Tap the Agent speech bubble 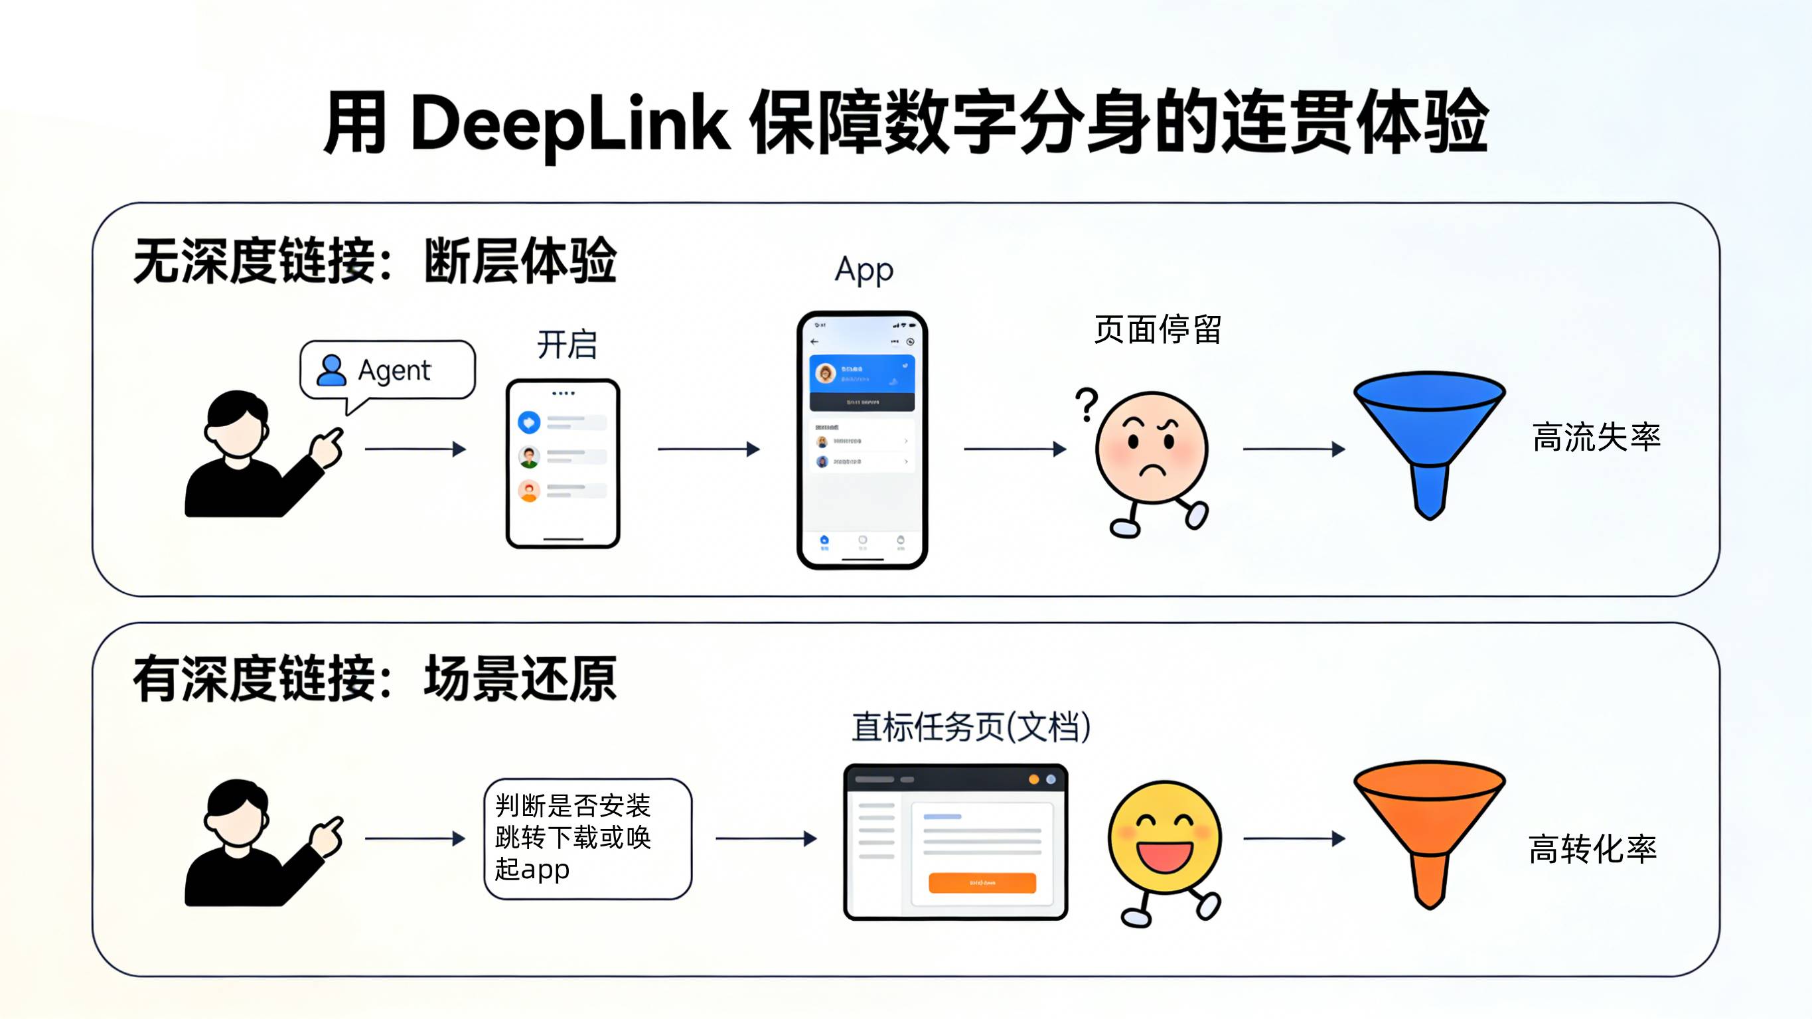coord(388,370)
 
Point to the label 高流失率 coord(1596,437)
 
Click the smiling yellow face coord(1164,837)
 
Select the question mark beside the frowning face coord(1087,405)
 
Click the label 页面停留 coord(1157,330)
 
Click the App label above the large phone coord(864,270)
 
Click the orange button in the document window coord(982,882)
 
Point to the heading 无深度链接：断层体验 coord(374,261)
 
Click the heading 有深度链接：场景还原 coord(374,678)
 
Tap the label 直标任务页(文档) coord(970,727)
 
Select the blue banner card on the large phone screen coord(862,373)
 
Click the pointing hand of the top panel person coord(327,447)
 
